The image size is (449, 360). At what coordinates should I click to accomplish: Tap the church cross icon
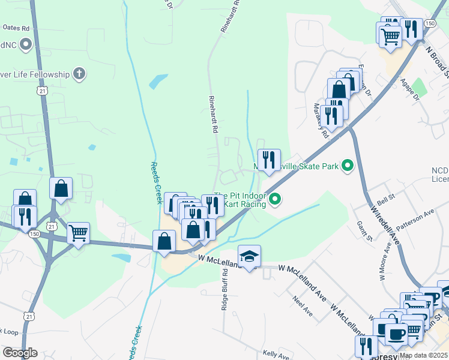[x=77, y=74]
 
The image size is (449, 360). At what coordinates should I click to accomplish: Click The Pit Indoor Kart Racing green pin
[x=275, y=199]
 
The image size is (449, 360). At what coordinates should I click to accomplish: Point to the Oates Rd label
[x=16, y=28]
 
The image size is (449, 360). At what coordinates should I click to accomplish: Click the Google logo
[x=20, y=353]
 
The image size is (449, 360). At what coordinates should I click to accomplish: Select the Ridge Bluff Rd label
[x=225, y=289]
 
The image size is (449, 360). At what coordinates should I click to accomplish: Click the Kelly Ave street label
[x=277, y=354]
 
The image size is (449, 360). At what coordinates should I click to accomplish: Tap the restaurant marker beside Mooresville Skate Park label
[x=269, y=160]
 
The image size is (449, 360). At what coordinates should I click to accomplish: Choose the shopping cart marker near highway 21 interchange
[x=79, y=232]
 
